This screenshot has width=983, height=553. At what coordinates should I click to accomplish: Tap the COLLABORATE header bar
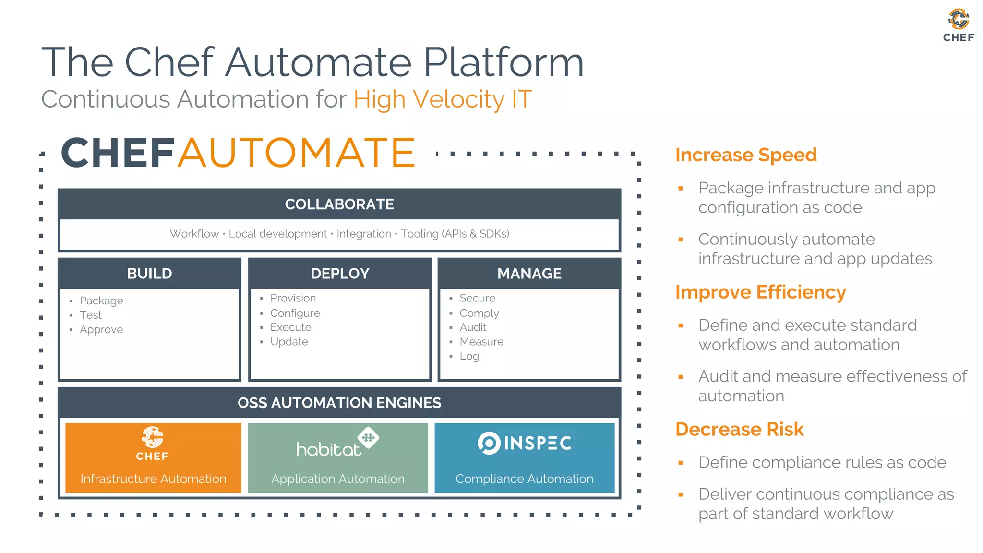[339, 204]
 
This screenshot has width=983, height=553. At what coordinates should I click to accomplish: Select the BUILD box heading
[149, 273]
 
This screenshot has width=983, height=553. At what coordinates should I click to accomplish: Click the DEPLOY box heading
[340, 273]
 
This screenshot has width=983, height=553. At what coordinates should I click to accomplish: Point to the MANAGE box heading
[529, 273]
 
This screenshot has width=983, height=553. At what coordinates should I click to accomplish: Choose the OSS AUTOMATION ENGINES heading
[339, 402]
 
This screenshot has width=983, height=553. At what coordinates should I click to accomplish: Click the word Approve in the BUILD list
[101, 330]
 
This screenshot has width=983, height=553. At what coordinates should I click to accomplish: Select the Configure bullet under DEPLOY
[295, 313]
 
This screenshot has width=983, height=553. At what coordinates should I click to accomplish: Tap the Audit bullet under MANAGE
[473, 327]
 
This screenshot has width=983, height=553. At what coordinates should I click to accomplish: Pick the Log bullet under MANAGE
[469, 356]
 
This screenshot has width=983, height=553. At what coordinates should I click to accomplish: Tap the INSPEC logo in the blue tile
[524, 443]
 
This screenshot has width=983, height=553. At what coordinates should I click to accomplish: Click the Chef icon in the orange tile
[153, 437]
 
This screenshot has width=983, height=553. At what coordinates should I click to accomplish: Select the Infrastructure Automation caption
[153, 479]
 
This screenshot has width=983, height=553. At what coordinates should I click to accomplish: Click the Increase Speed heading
[745, 155]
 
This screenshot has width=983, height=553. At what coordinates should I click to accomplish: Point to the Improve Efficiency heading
[760, 292]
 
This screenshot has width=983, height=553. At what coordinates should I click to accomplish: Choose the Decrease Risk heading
[739, 429]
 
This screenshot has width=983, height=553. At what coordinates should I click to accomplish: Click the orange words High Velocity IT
[443, 99]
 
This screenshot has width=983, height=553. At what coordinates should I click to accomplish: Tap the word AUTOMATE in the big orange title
[296, 153]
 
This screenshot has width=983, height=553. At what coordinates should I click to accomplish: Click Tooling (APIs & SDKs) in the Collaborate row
[455, 234]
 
